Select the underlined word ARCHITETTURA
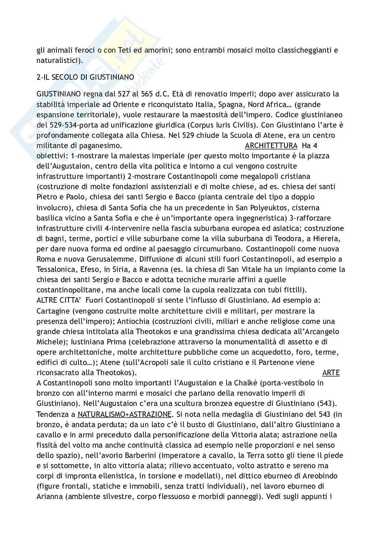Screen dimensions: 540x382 (271, 146)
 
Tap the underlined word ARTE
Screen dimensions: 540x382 (331, 373)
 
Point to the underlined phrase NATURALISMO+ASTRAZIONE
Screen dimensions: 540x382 (125, 414)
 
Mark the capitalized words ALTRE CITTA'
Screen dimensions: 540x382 (59, 301)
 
